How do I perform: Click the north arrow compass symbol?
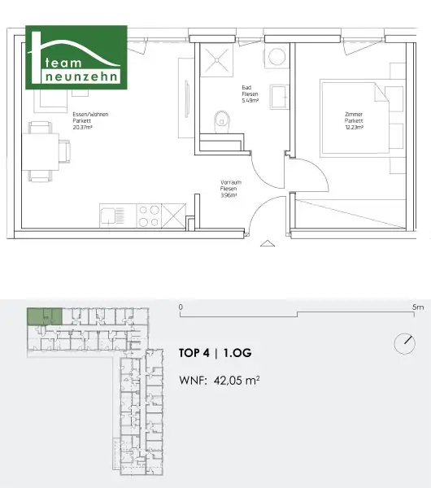[x=404, y=342]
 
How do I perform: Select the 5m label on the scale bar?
[x=418, y=308]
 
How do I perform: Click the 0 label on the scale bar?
[x=181, y=308]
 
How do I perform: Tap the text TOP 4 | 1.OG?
[x=219, y=354]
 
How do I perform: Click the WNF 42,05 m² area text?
[x=219, y=379]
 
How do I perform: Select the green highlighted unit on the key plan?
[x=43, y=317]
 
